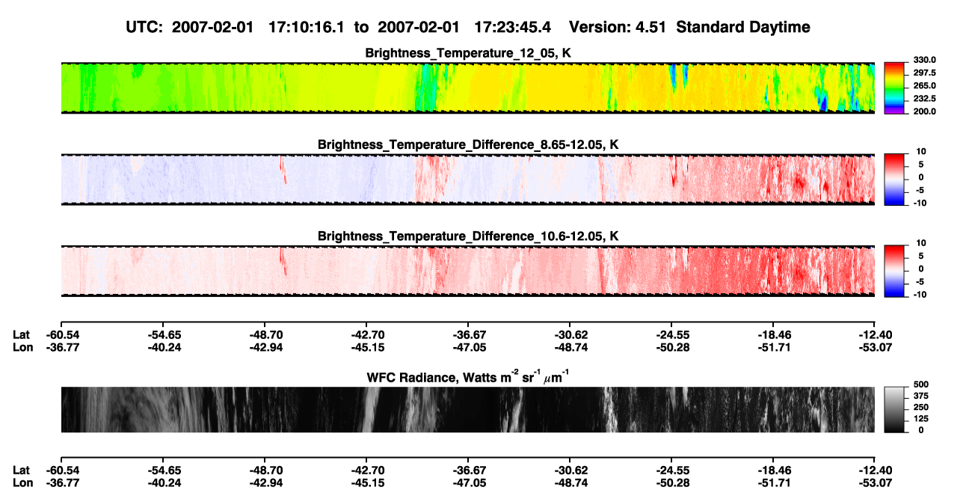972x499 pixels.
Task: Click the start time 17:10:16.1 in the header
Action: (307, 28)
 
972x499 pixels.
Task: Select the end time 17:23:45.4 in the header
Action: (512, 28)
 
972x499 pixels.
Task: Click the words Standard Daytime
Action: (743, 28)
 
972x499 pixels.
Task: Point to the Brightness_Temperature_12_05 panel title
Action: (468, 53)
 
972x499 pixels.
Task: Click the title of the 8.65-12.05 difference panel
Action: (468, 144)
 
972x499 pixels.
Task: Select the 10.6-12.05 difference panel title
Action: (468, 236)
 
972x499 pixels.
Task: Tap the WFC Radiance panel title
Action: (468, 377)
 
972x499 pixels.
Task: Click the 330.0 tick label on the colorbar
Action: (924, 60)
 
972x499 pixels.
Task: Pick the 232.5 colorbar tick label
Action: (924, 99)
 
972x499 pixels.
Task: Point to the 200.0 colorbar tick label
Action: (924, 111)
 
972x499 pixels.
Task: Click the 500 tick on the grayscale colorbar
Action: (921, 385)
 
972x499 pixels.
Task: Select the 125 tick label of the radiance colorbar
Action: (921, 419)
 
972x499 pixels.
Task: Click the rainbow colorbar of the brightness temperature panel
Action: (894, 88)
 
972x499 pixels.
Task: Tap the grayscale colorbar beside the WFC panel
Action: (894, 409)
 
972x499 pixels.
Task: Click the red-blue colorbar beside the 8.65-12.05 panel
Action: (894, 180)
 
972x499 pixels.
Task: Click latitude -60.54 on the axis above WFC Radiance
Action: (63, 335)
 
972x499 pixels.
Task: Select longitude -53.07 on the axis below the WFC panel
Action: (876, 483)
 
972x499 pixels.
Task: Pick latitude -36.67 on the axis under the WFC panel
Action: (470, 471)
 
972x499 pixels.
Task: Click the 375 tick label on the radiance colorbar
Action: (921, 396)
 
